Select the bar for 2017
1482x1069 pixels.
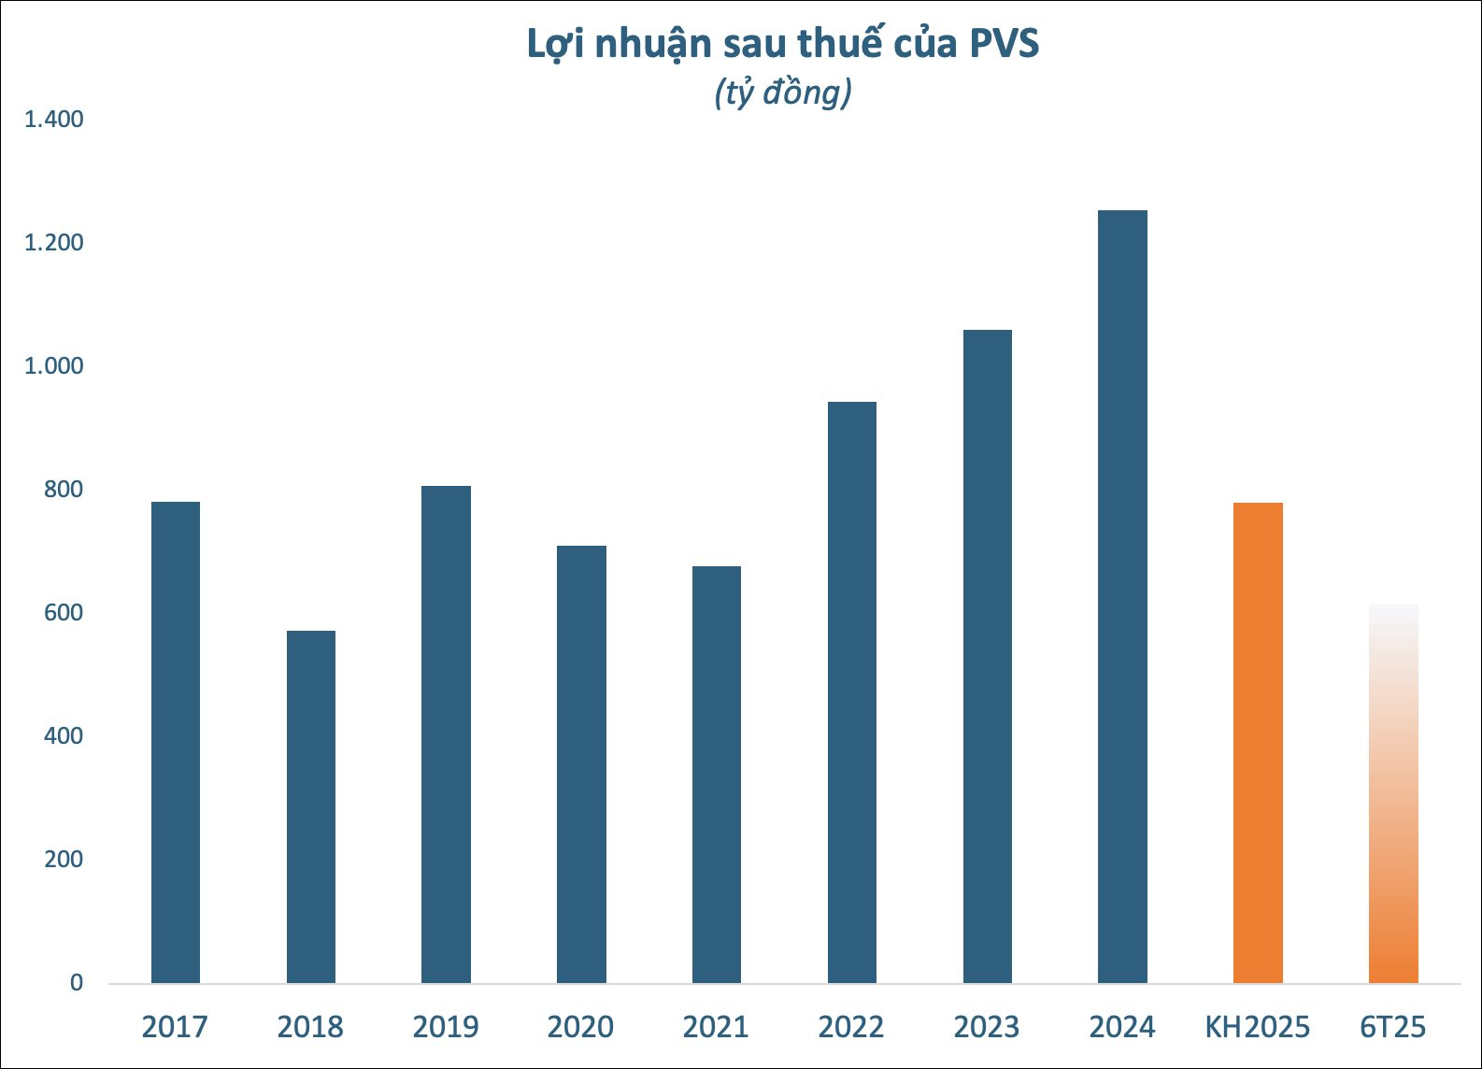[176, 743]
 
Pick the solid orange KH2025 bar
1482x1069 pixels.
[1258, 743]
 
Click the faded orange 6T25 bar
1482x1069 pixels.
[1393, 794]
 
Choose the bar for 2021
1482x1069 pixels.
[717, 775]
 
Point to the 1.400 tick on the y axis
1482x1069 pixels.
[53, 120]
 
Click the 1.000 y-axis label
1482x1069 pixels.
[53, 366]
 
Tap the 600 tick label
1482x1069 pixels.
[63, 613]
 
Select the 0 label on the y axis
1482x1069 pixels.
[76, 983]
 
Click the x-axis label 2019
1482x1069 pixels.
[446, 1027]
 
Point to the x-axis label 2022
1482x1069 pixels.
[851, 1027]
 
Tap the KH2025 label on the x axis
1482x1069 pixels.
[1258, 1027]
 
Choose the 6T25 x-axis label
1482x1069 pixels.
[1393, 1027]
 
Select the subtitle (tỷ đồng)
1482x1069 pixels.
[783, 93]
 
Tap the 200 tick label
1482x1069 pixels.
[63, 860]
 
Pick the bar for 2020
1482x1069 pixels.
[581, 764]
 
